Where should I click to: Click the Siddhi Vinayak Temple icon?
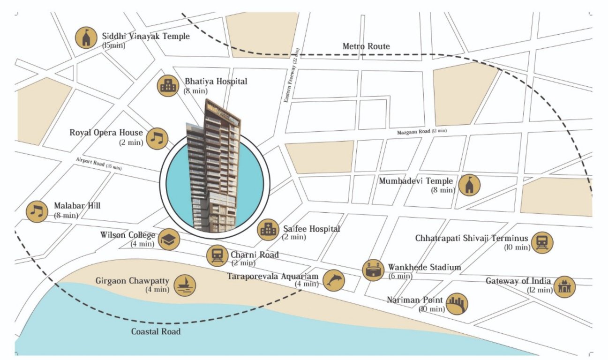pyautogui.click(x=86, y=38)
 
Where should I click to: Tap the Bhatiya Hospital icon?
pyautogui.click(x=168, y=86)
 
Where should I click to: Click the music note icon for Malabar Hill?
pyautogui.click(x=37, y=211)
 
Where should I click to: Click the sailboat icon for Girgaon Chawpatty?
pyautogui.click(x=185, y=285)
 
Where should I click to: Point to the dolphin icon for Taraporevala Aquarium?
pyautogui.click(x=333, y=280)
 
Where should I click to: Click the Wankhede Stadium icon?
pyautogui.click(x=374, y=270)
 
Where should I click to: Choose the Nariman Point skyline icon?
pyautogui.click(x=457, y=304)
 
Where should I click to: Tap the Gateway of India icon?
pyautogui.click(x=564, y=286)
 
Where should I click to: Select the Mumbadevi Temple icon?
pyautogui.click(x=470, y=185)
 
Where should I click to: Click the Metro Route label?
pyautogui.click(x=366, y=46)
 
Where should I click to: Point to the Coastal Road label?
pyautogui.click(x=156, y=331)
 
